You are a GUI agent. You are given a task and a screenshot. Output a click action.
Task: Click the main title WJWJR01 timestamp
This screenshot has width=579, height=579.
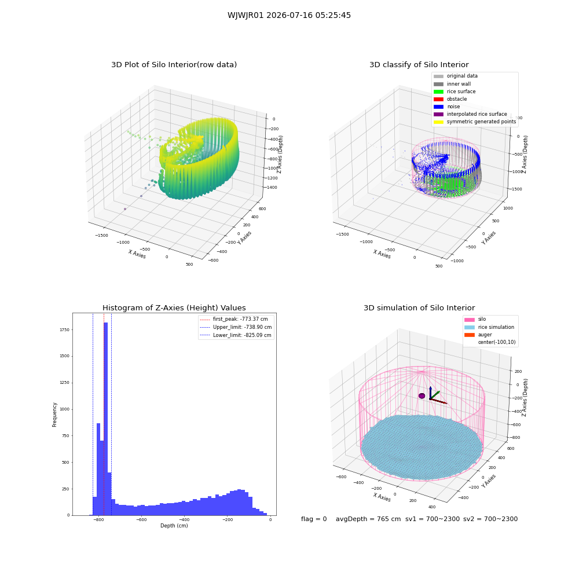289,16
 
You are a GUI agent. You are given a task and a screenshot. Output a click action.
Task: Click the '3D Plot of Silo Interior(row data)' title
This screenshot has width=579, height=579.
174,65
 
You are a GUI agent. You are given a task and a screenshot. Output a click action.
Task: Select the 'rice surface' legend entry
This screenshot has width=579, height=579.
454,91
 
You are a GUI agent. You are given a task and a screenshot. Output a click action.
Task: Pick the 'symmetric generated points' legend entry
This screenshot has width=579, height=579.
475,122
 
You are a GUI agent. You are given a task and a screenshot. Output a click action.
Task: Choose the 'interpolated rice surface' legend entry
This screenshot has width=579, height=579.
470,114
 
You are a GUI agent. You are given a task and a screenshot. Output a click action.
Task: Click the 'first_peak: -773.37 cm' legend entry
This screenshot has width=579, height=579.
233,319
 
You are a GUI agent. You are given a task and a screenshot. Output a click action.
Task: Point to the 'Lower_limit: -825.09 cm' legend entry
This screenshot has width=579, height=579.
236,335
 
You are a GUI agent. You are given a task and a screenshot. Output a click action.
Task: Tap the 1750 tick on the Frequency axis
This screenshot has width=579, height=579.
64,330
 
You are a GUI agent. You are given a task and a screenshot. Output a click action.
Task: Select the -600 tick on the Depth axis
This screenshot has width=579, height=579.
141,520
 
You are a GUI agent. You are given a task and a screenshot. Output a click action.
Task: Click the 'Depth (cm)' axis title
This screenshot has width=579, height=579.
174,526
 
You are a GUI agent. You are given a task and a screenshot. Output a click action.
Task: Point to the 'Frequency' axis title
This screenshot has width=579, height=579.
54,415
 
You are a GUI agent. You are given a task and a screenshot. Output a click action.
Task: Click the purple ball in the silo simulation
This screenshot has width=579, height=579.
422,396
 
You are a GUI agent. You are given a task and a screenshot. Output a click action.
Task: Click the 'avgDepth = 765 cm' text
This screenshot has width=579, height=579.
368,519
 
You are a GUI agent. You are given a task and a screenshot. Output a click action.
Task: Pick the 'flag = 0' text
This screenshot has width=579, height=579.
314,519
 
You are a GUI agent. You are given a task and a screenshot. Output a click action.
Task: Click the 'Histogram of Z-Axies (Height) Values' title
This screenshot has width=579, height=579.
174,308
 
